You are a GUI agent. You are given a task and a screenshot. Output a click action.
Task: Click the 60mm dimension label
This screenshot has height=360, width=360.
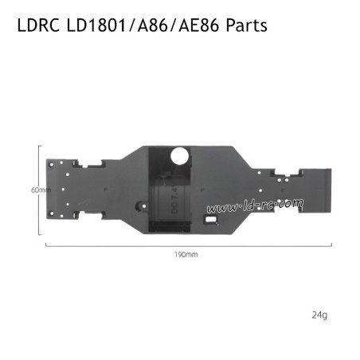click(40, 190)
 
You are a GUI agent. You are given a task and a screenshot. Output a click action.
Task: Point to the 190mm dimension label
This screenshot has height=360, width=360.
click(185, 255)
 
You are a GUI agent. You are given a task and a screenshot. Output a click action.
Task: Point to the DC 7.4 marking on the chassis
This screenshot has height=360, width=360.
click(174, 198)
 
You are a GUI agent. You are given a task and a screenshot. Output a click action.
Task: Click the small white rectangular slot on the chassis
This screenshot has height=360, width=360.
click(212, 215)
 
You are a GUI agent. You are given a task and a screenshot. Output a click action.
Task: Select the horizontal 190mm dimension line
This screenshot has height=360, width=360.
click(185, 245)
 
